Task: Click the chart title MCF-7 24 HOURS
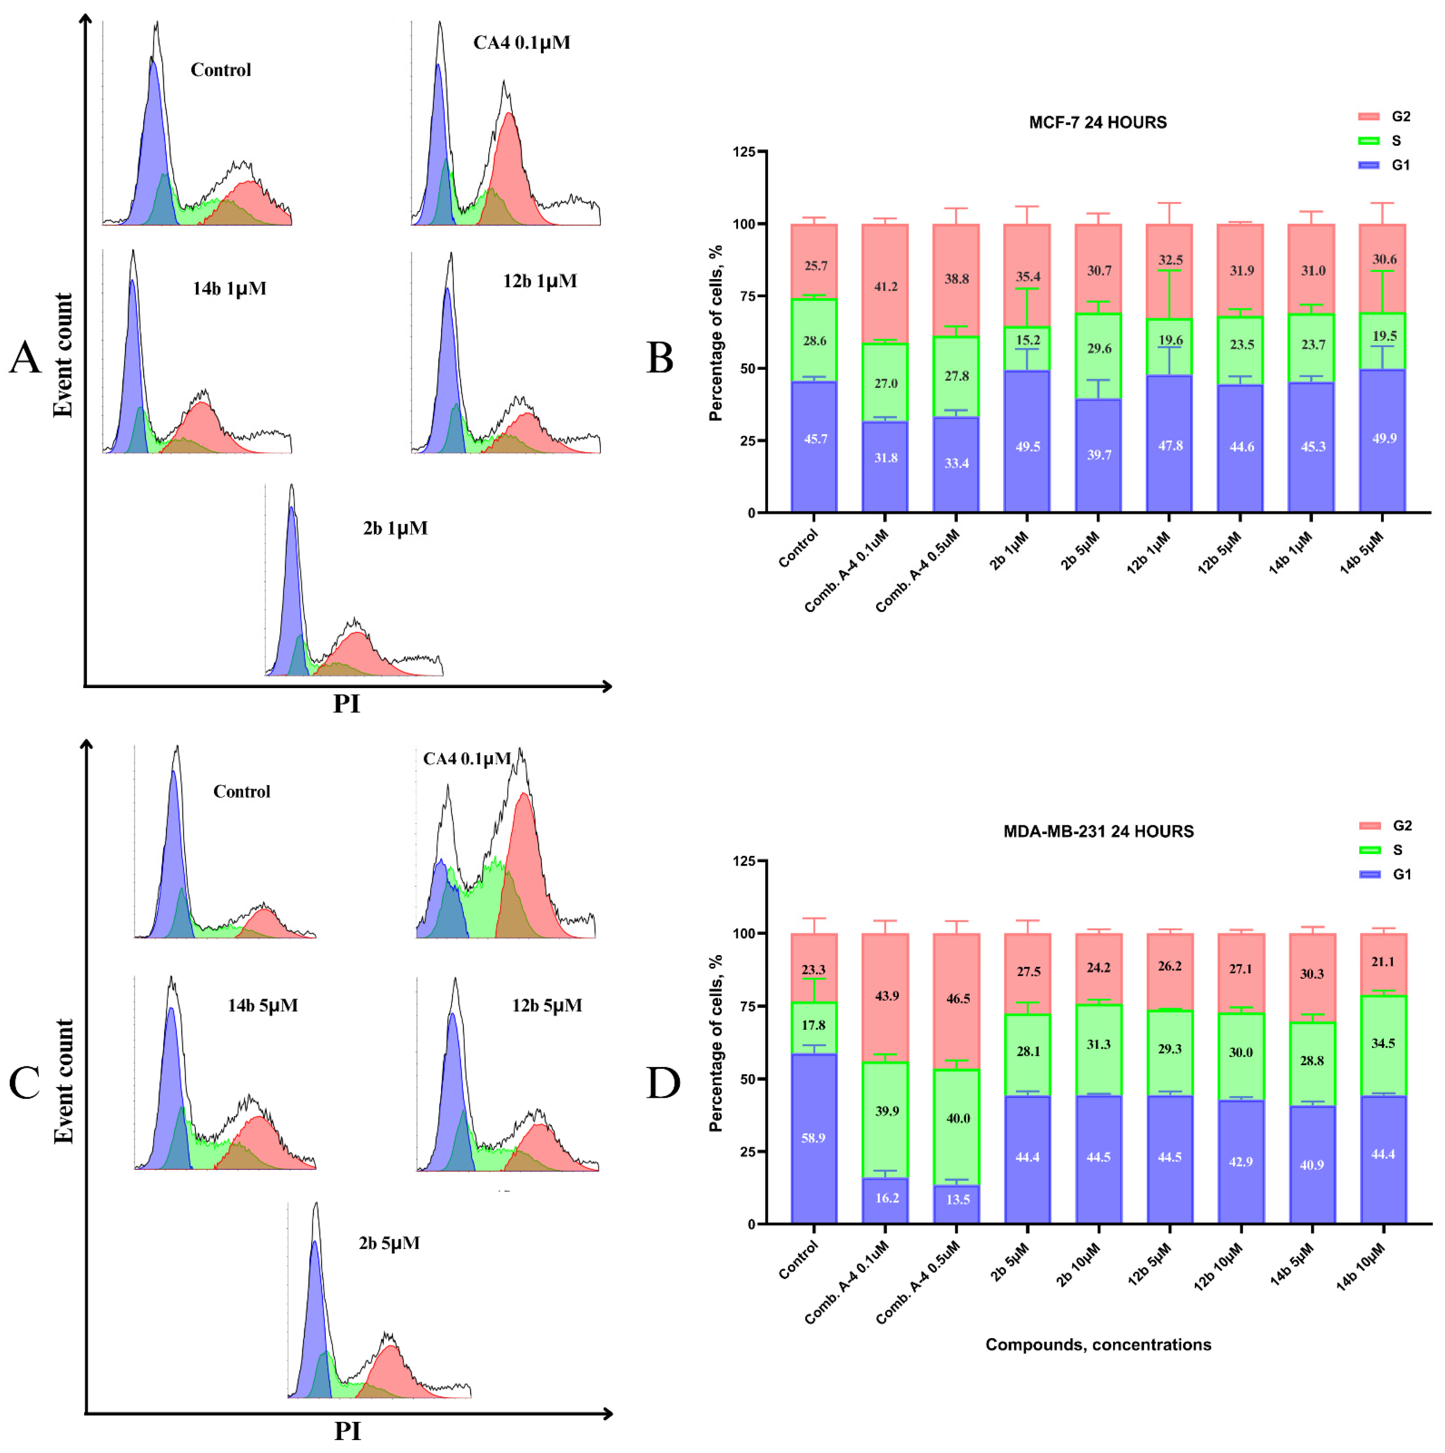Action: click(x=1097, y=123)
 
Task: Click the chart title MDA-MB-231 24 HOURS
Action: click(x=1098, y=832)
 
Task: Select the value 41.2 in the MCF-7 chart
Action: click(x=885, y=286)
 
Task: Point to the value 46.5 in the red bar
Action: click(x=957, y=999)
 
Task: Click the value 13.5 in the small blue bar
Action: click(x=957, y=1199)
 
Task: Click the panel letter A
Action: click(x=25, y=358)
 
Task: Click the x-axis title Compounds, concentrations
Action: click(x=1098, y=1345)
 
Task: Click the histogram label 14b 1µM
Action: click(x=229, y=289)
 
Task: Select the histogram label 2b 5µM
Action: click(x=389, y=1243)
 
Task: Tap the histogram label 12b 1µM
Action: click(x=540, y=281)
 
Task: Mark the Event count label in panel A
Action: click(x=63, y=355)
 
